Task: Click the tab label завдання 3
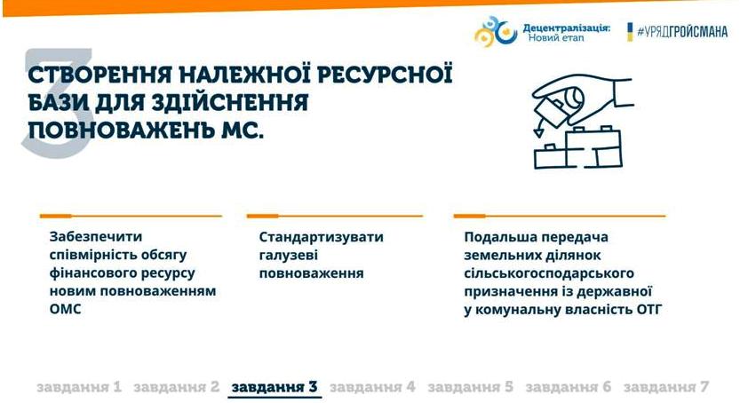click(275, 387)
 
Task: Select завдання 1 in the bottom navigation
click(79, 387)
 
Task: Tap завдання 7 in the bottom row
click(666, 387)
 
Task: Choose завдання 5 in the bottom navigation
click(470, 387)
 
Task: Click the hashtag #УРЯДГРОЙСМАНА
click(682, 32)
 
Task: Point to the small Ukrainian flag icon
click(630, 32)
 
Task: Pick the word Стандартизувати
click(321, 237)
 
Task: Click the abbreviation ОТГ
click(648, 310)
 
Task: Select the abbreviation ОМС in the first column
click(65, 309)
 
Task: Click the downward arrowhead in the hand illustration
click(538, 132)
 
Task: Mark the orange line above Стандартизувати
click(335, 216)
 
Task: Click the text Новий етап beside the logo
click(556, 37)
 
